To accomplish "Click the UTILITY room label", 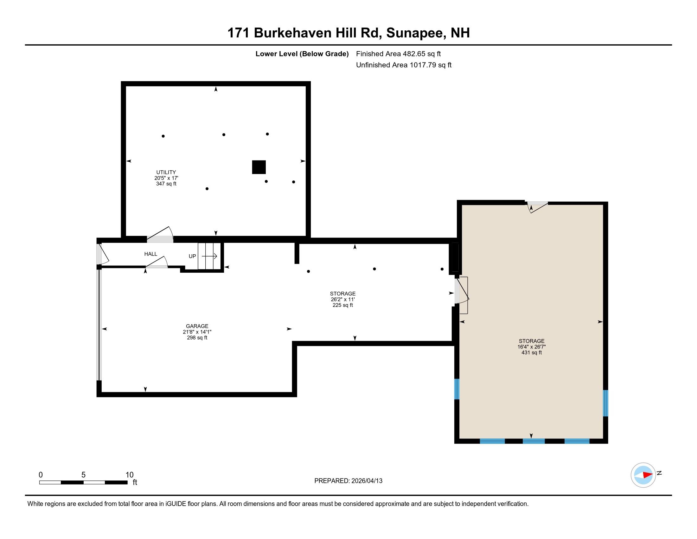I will click(x=166, y=172).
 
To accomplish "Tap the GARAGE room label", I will click(x=197, y=326).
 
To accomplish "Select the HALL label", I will click(x=150, y=254).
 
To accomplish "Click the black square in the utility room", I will click(x=259, y=167).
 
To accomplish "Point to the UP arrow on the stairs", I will click(x=209, y=256).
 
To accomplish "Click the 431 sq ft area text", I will click(x=531, y=353).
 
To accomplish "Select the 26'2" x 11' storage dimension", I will click(x=343, y=300).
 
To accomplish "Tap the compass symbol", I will click(x=643, y=475).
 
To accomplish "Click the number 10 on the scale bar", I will click(x=129, y=475).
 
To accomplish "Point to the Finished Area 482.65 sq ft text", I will click(x=398, y=54).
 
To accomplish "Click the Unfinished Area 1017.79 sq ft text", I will click(x=404, y=65).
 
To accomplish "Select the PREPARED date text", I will click(x=348, y=481).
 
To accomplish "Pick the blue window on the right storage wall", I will click(x=605, y=403).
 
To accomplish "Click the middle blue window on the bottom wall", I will click(x=533, y=441).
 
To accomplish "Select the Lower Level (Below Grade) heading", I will click(x=302, y=54).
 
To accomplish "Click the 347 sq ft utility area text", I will click(x=166, y=184).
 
